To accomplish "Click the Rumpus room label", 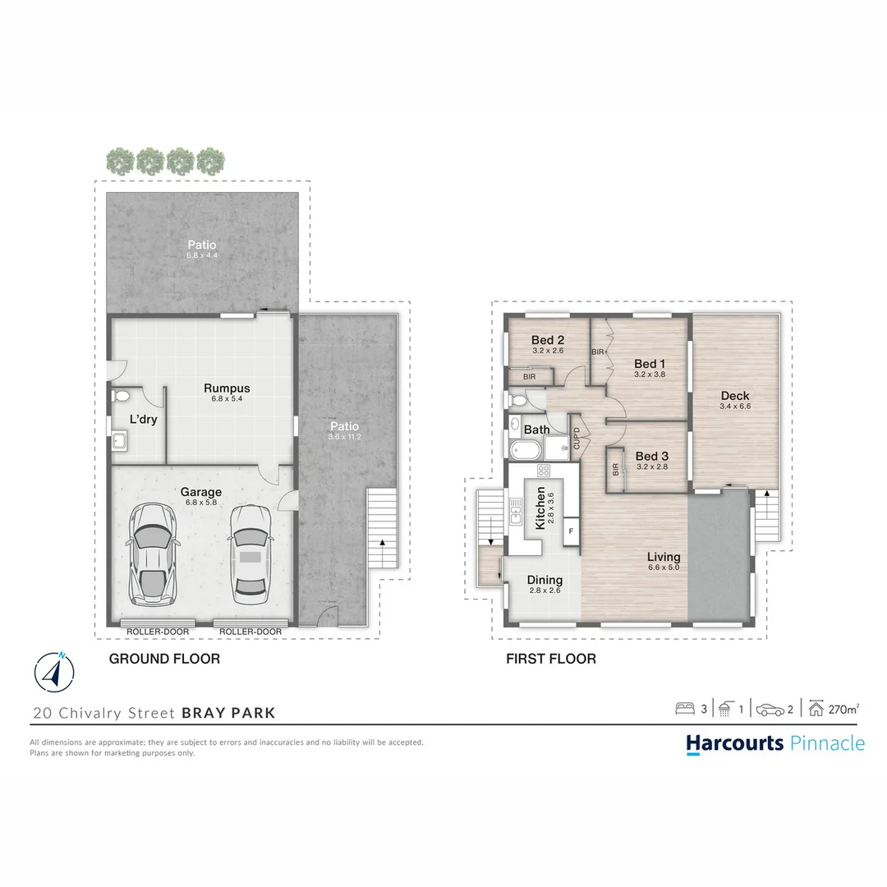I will tap(227, 388).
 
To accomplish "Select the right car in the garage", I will tap(250, 552).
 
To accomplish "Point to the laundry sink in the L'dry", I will tap(120, 443).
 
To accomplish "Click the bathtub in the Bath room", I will tap(524, 449).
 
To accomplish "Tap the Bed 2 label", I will tap(548, 341).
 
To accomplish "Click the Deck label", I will tap(734, 396).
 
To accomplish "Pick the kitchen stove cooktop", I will tap(543, 471).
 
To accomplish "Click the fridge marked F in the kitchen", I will tap(571, 531).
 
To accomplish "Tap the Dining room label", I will tap(545, 580).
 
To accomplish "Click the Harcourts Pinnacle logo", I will tap(774, 743).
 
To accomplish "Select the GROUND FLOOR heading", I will tap(164, 659).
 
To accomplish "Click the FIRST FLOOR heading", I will tap(551, 659).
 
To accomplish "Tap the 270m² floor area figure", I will tap(843, 709).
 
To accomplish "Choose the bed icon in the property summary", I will tap(684, 709).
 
